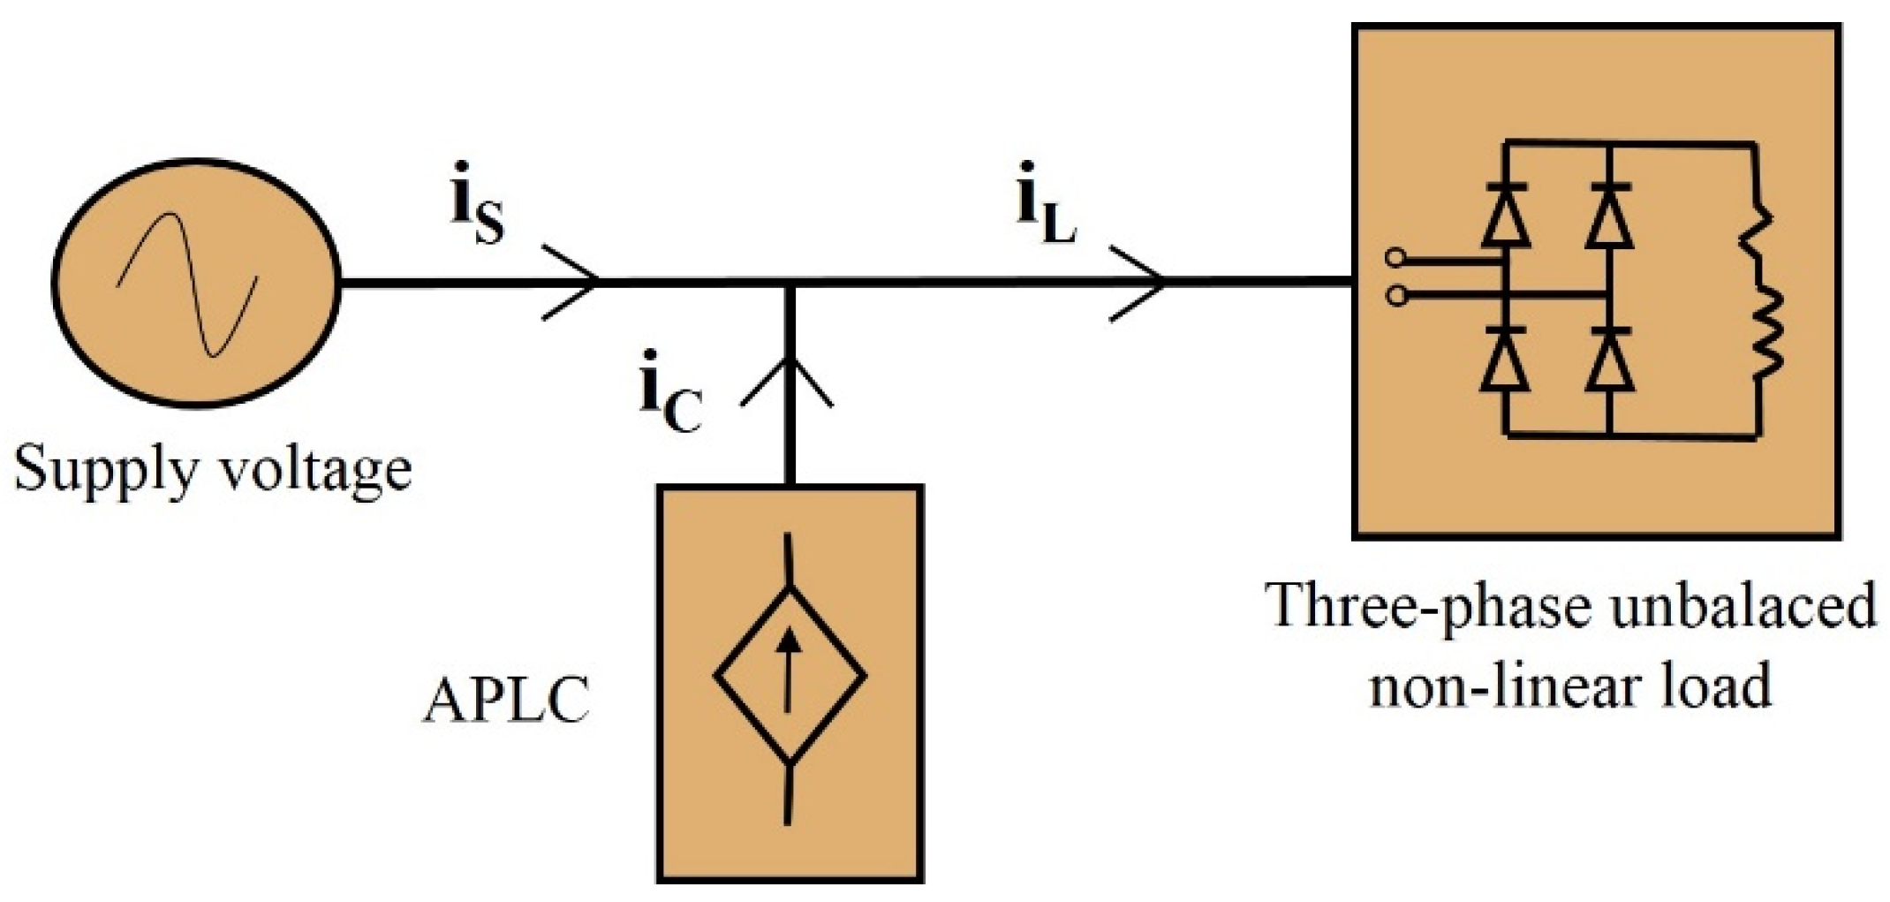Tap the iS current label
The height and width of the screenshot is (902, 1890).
coord(477,215)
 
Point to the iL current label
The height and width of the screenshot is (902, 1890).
coord(1047,215)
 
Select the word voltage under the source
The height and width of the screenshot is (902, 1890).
coord(314,471)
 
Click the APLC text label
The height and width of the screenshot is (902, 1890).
coord(506,702)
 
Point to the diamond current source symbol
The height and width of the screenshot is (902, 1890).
coord(789,676)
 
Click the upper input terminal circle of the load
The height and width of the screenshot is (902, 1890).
coord(1395,259)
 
